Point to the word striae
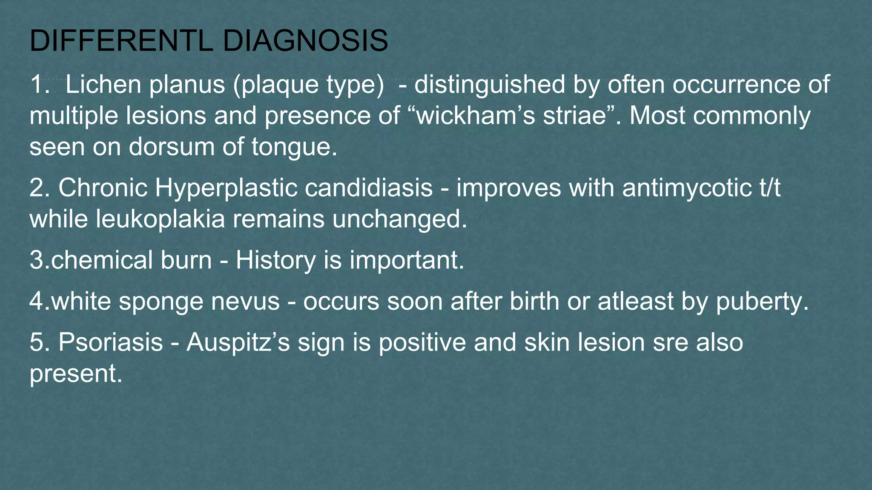(x=575, y=115)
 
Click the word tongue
(x=294, y=148)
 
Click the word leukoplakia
(x=160, y=219)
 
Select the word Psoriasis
(x=111, y=342)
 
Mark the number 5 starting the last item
(x=36, y=342)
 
